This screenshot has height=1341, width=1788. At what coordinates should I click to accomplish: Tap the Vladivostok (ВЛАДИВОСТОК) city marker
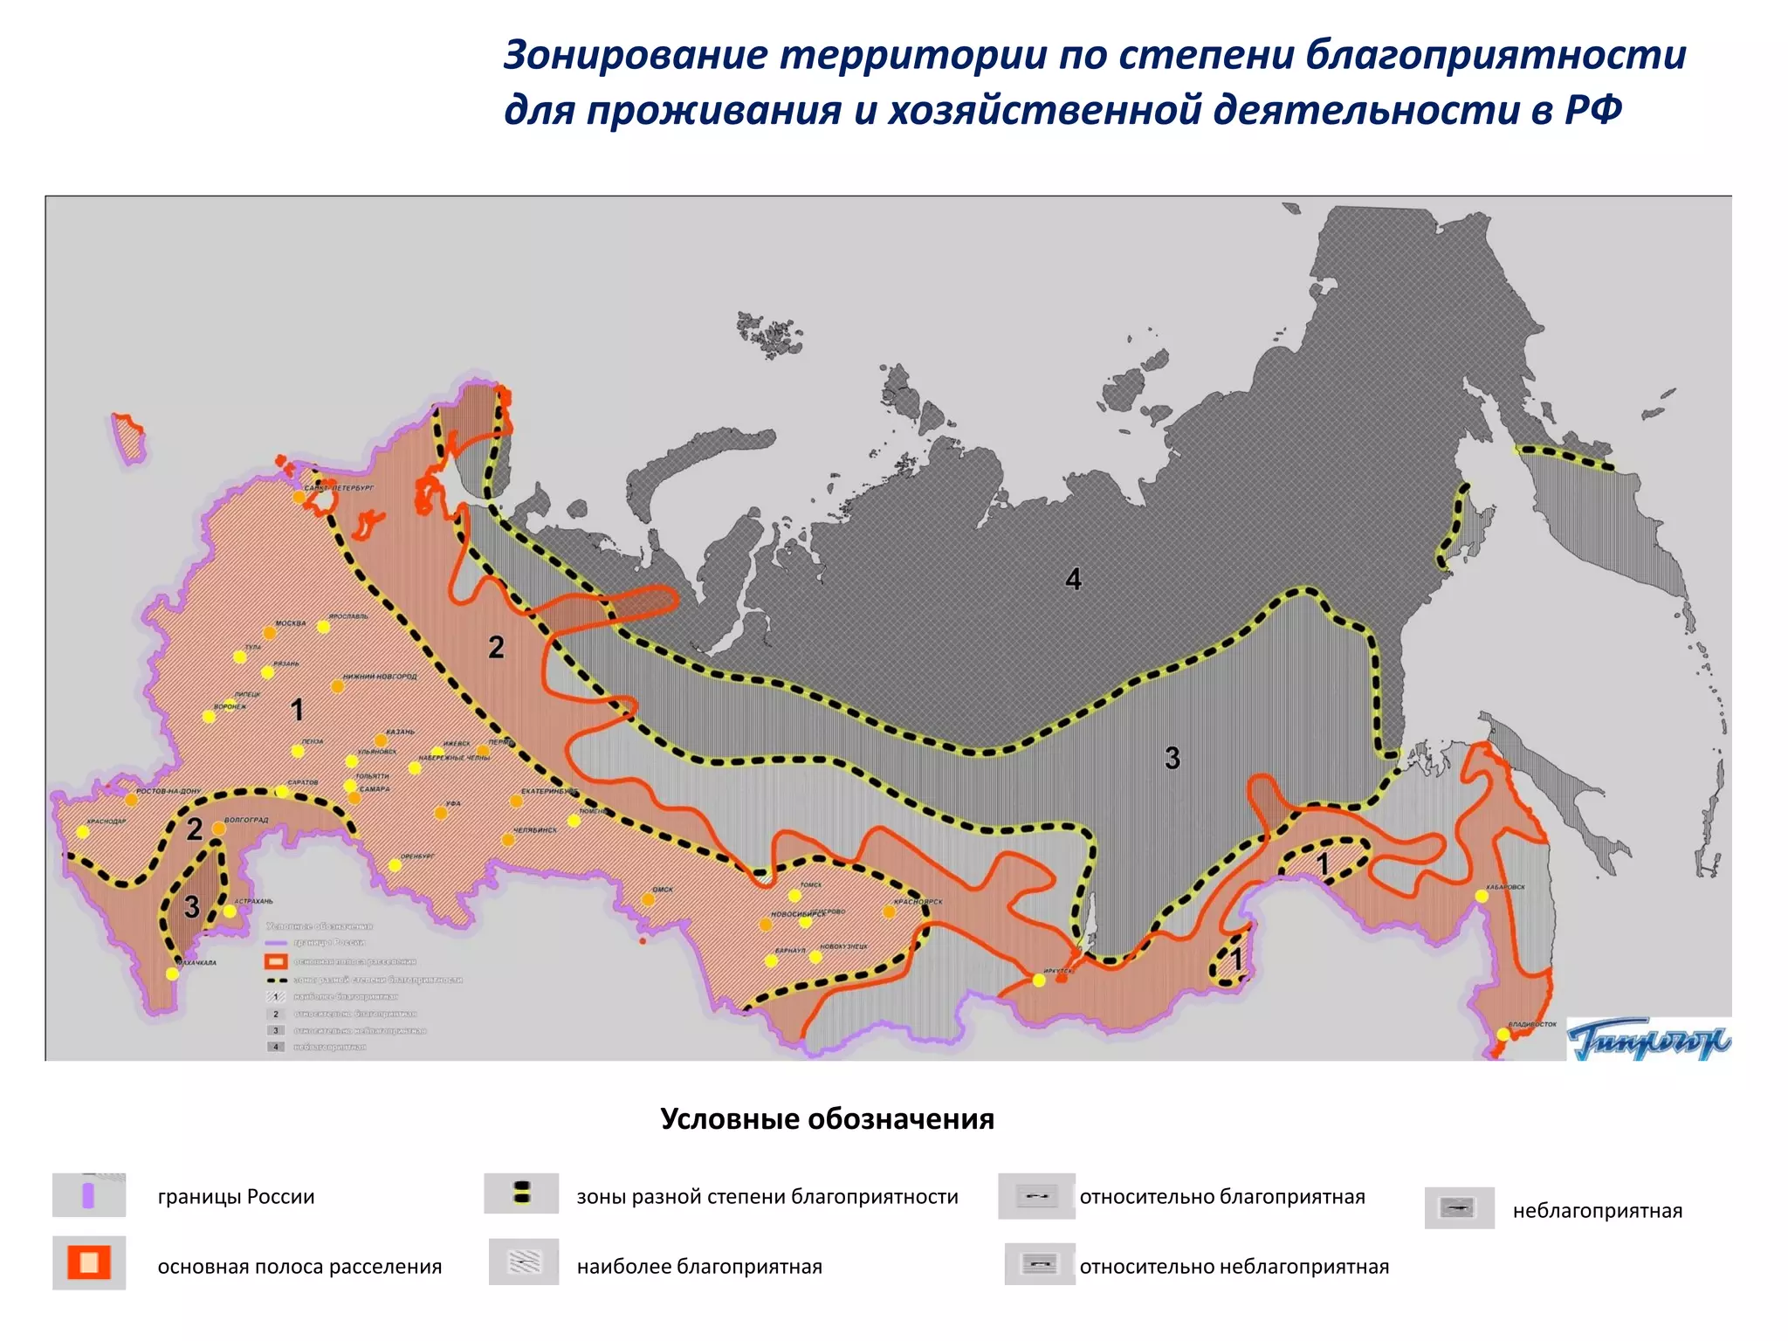coord(1503,1034)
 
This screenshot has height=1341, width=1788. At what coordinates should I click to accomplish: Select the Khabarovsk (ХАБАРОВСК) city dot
coord(1482,897)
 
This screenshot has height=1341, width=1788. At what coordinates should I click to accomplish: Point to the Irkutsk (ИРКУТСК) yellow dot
coord(1039,980)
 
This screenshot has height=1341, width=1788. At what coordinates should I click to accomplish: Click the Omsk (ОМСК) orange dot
coord(648,898)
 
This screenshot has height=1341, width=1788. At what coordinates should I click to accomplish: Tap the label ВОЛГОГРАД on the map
coord(246,821)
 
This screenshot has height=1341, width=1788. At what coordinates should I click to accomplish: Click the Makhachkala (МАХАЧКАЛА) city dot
coord(172,973)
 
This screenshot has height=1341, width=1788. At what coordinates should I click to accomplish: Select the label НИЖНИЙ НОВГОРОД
coord(380,677)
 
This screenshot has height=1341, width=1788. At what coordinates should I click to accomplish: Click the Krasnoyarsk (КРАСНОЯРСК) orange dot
coord(889,911)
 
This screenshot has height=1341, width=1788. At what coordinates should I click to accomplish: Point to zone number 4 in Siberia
coord(1074,579)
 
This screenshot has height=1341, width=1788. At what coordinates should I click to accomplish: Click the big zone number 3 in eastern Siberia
coord(1173,758)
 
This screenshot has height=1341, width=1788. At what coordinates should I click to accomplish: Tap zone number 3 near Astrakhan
coord(192,906)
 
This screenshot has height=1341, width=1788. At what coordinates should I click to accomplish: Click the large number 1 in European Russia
coord(297,710)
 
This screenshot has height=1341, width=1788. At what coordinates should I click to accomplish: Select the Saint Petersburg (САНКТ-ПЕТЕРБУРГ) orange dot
coord(299,497)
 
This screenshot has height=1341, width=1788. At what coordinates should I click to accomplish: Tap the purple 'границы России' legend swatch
coord(88,1195)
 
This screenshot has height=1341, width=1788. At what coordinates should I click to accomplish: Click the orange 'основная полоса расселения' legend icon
coord(89,1263)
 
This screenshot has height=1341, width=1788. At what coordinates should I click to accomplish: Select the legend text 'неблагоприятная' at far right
coord(1597,1211)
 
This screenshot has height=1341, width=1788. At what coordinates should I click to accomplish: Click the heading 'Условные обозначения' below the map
coord(827,1119)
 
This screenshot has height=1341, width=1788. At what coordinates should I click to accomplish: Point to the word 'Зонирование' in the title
coord(636,55)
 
